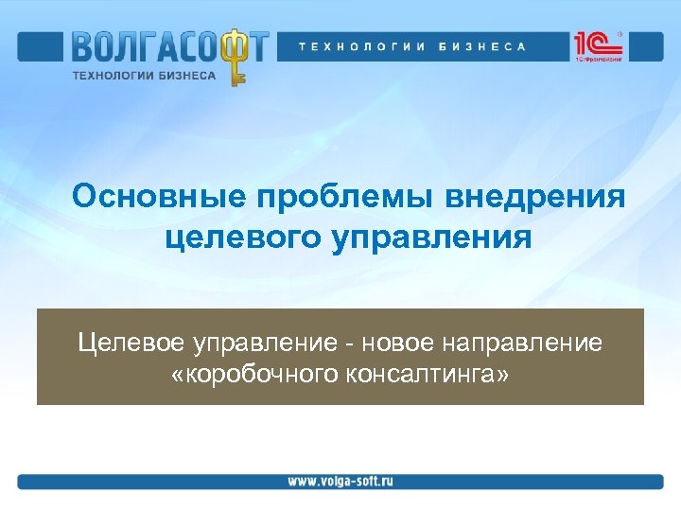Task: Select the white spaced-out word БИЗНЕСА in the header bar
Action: [x=481, y=46]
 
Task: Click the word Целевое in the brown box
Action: [x=132, y=342]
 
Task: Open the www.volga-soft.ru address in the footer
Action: [x=340, y=481]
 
